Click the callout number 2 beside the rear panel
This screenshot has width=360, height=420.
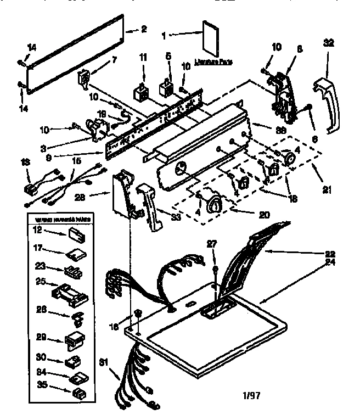coord(144,30)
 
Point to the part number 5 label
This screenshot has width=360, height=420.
coord(169,55)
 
